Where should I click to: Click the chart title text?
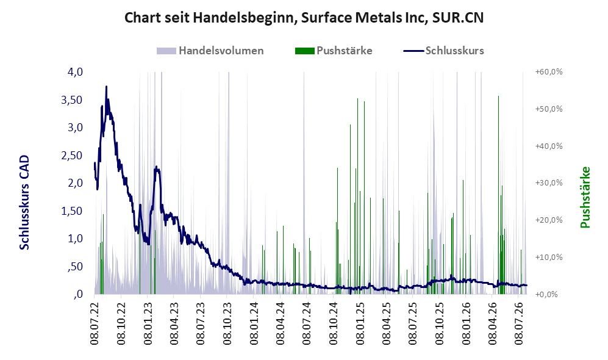coord(304,18)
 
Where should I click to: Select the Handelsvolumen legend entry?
coord(210,51)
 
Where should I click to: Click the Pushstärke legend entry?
coord(334,51)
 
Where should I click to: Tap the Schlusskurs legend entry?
coord(443,51)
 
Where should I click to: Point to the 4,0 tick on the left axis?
coord(75,72)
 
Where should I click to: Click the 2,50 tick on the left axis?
coord(72,155)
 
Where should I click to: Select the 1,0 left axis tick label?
coord(75,239)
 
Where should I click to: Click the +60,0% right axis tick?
coord(549,72)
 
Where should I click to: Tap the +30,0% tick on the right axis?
coord(549,182)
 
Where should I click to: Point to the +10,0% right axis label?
coord(549,257)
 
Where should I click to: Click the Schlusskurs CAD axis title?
coord(24,202)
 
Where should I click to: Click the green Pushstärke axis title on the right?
coord(585,197)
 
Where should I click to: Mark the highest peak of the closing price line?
coord(106,87)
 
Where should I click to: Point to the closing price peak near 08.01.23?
coord(156,167)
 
